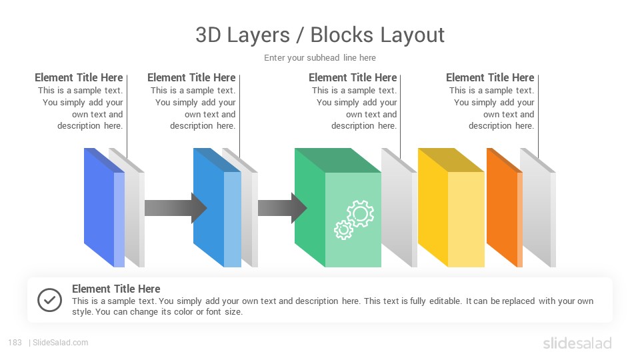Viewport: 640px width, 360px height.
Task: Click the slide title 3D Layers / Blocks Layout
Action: point(320,35)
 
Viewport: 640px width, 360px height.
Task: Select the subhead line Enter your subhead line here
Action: point(320,58)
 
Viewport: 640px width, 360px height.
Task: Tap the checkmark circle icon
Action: point(49,300)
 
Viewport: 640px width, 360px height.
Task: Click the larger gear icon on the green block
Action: point(360,213)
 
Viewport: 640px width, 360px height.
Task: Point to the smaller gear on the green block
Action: point(343,230)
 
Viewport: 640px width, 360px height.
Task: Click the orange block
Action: point(505,207)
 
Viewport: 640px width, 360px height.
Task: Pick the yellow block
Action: point(451,207)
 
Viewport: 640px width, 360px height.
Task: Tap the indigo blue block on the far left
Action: point(104,207)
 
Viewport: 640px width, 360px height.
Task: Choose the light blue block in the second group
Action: point(217,207)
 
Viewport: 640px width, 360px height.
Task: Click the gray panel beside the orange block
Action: point(538,207)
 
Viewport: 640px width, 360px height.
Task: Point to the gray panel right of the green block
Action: point(399,207)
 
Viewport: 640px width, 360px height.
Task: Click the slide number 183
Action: point(15,343)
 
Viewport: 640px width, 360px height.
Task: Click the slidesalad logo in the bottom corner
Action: point(577,343)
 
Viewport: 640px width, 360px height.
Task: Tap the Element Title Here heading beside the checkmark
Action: point(116,289)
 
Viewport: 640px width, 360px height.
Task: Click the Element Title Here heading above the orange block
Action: point(490,77)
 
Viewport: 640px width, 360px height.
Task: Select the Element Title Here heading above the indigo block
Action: point(79,77)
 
